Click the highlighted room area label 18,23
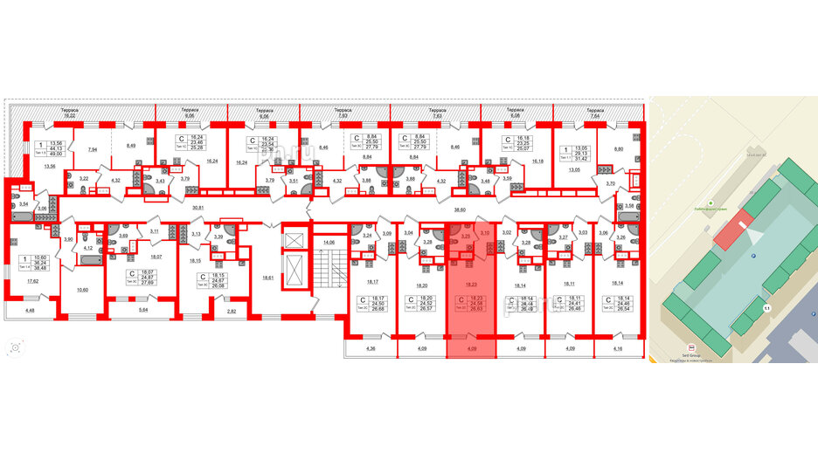pos(472,284)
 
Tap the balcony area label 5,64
pos(145,309)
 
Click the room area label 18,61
pos(268,277)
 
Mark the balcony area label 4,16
pos(619,350)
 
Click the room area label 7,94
pos(93,150)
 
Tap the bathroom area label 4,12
pos(87,249)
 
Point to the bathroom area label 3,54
pos(25,203)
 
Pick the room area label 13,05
pos(574,171)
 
